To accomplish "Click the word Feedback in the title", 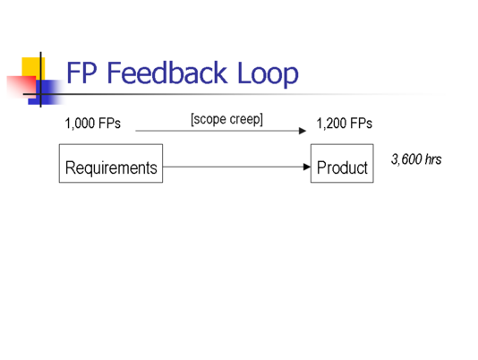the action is [167, 73].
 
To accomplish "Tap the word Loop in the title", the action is [268, 73].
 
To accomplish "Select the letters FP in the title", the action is [81, 73].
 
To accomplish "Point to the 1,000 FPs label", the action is [93, 124].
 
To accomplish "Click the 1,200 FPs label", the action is [344, 124].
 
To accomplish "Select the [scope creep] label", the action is [226, 119].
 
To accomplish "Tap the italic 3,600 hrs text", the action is [416, 159].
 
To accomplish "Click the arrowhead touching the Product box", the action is [307, 167].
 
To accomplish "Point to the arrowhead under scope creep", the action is [303, 131].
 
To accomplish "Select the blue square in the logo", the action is [46, 92].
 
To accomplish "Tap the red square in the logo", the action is [21, 87].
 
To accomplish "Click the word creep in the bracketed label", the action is [246, 119].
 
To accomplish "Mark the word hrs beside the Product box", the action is [433, 159].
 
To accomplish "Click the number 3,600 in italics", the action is [406, 159].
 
